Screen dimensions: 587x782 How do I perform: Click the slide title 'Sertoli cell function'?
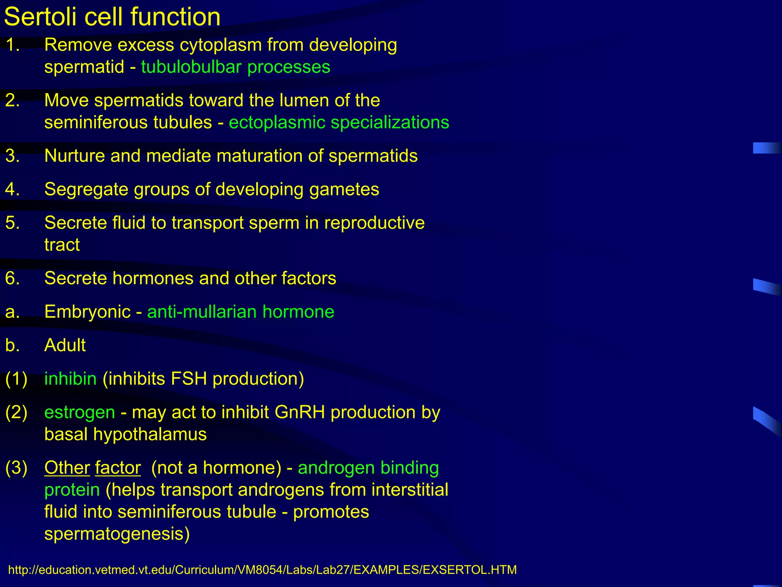pyautogui.click(x=112, y=17)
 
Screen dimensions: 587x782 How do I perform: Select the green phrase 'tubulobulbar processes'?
pyautogui.click(x=236, y=67)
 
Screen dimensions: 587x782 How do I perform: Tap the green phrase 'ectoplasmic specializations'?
pyautogui.click(x=339, y=123)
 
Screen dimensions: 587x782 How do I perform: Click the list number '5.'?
pyautogui.click(x=13, y=223)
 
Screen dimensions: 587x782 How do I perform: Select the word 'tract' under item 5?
pyautogui.click(x=62, y=245)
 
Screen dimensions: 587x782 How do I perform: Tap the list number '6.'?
pyautogui.click(x=13, y=278)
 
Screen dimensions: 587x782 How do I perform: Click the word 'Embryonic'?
pyautogui.click(x=87, y=312)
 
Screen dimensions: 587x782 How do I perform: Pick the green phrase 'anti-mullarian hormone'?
pyautogui.click(x=241, y=312)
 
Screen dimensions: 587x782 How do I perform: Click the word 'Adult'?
pyautogui.click(x=65, y=345)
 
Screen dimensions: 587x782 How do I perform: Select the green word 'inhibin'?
pyautogui.click(x=70, y=379)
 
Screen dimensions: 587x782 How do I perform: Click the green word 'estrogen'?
pyautogui.click(x=79, y=412)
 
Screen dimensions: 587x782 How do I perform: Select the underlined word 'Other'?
pyautogui.click(x=67, y=468)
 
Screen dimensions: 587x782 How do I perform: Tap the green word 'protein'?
pyautogui.click(x=72, y=490)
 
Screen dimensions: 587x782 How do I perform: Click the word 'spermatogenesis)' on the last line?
pyautogui.click(x=117, y=534)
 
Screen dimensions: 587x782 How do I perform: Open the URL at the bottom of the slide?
pyautogui.click(x=262, y=570)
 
